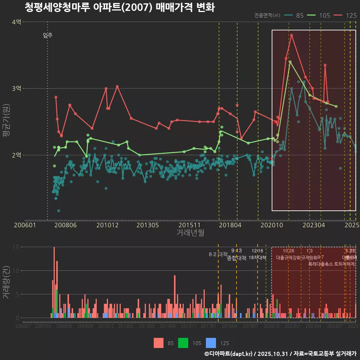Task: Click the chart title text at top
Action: pyautogui.click(x=120, y=7)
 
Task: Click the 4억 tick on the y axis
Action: pyautogui.click(x=16, y=22)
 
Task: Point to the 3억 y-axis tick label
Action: pyautogui.click(x=16, y=88)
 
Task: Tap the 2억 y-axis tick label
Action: pyautogui.click(x=16, y=155)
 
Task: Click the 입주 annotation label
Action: pyautogui.click(x=48, y=36)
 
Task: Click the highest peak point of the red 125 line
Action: pyautogui.click(x=291, y=35)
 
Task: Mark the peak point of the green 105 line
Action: pyautogui.click(x=289, y=62)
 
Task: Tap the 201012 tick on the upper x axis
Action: pyautogui.click(x=107, y=225)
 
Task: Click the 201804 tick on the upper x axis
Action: pyautogui.click(x=230, y=225)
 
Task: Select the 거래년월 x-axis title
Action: pyautogui.click(x=190, y=233)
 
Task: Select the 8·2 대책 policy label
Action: pyautogui.click(x=218, y=254)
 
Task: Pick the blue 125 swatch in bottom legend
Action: pyautogui.click(x=211, y=343)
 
